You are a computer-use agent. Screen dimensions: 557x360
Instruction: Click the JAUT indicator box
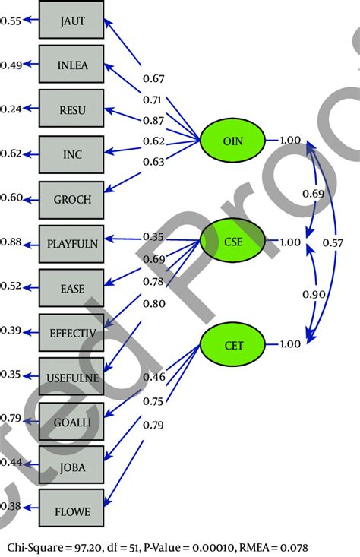[x=72, y=21]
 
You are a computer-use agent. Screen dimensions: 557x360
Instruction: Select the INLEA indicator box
[x=72, y=65]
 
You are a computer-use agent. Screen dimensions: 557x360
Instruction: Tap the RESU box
[x=72, y=109]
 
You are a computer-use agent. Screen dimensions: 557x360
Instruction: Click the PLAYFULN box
[x=72, y=242]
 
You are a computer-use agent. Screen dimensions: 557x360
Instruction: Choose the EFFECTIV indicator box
[x=72, y=332]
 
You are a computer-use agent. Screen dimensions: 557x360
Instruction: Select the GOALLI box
[x=72, y=418]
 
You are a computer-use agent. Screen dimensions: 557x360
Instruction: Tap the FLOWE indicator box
[x=72, y=511]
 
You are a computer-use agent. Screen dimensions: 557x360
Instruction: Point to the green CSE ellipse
[x=233, y=241]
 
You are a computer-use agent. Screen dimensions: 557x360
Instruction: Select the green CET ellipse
[x=233, y=344]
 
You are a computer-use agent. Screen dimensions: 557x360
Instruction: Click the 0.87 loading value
[x=153, y=121]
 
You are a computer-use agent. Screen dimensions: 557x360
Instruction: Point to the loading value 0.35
[x=153, y=237]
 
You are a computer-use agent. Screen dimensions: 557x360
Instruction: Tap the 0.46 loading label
[x=153, y=377]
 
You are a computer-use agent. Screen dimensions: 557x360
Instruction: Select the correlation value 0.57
[x=332, y=243]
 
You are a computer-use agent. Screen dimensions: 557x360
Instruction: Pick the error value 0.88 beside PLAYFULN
[x=10, y=242]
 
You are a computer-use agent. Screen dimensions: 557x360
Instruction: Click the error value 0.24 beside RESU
[x=10, y=109]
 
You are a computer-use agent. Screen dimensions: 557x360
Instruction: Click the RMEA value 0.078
[x=293, y=546]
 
